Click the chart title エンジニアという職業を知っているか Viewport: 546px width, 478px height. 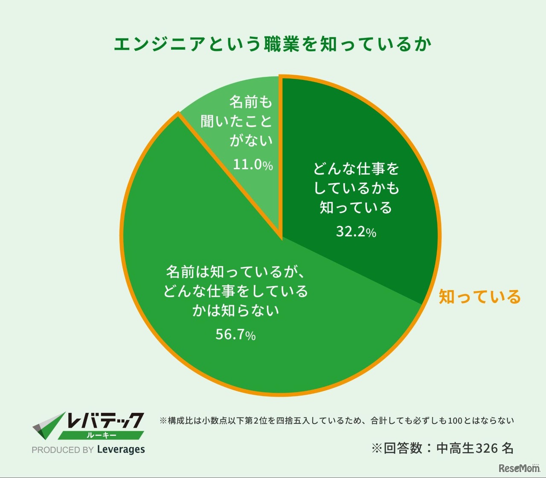[273, 44]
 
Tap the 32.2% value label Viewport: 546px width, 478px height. [356, 232]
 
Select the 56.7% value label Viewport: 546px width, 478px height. [235, 334]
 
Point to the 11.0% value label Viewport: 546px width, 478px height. [253, 164]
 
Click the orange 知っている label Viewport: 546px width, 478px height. [480, 296]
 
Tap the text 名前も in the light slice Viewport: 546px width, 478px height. [251, 102]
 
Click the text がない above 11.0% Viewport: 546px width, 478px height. [251, 141]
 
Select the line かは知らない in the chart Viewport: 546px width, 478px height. [235, 311]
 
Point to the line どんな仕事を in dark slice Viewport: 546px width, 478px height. [356, 169]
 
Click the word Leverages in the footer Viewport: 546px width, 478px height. [121, 449]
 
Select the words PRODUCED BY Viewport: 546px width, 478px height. [62, 450]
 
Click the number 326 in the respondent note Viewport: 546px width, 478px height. [486, 448]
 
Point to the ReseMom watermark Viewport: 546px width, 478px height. [519, 468]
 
